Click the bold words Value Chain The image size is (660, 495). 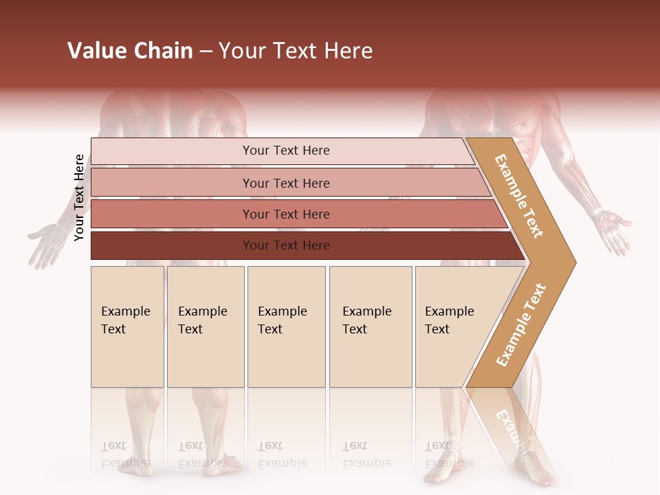[130, 51]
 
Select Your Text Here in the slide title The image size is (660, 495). [296, 51]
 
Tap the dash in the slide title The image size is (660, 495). [206, 52]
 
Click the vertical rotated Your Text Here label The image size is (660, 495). [80, 198]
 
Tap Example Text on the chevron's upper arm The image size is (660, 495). [519, 196]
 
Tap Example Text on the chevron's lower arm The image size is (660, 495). [521, 324]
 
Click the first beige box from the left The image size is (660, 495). [127, 327]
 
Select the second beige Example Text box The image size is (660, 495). [205, 327]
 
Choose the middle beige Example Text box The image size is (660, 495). [286, 327]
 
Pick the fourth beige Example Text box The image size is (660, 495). [371, 327]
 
